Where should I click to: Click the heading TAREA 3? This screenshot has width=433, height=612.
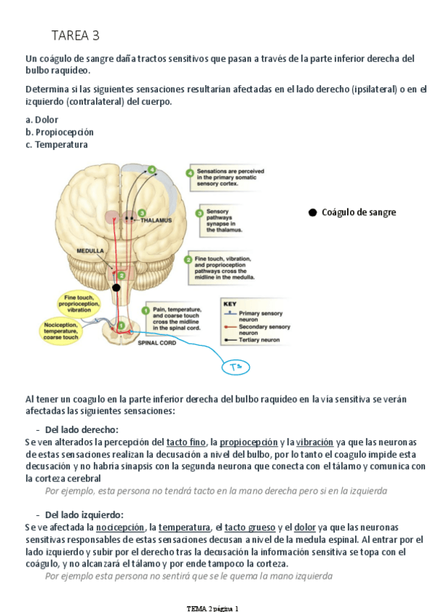click(75, 35)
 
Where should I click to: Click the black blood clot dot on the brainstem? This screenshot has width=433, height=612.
click(116, 288)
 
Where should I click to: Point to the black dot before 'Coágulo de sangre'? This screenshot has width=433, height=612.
click(312, 212)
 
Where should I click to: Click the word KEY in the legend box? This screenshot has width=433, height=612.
click(229, 304)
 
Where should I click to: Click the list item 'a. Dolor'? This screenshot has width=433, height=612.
click(42, 120)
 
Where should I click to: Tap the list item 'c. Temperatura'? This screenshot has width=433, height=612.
click(56, 144)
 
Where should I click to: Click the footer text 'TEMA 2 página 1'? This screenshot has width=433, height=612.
click(212, 608)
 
